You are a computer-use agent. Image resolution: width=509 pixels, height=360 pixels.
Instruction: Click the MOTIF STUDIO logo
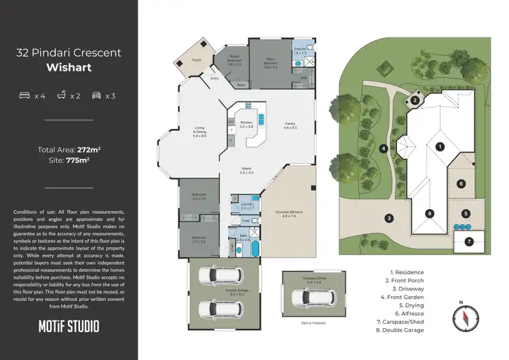point(69,326)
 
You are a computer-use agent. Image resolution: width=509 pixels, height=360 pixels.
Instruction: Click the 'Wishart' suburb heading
point(69,67)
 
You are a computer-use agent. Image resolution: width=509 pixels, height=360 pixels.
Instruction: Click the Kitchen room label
point(246,124)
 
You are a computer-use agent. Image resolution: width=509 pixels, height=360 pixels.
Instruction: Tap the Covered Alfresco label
point(290,214)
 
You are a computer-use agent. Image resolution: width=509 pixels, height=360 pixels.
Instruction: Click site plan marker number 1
point(440,146)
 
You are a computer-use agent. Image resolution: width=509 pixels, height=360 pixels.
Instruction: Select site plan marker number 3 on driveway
point(390,218)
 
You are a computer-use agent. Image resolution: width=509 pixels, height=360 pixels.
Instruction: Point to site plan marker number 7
point(468,241)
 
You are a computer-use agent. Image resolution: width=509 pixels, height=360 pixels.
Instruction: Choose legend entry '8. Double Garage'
point(408,329)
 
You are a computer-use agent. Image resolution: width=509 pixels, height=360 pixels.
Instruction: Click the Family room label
point(290,126)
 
